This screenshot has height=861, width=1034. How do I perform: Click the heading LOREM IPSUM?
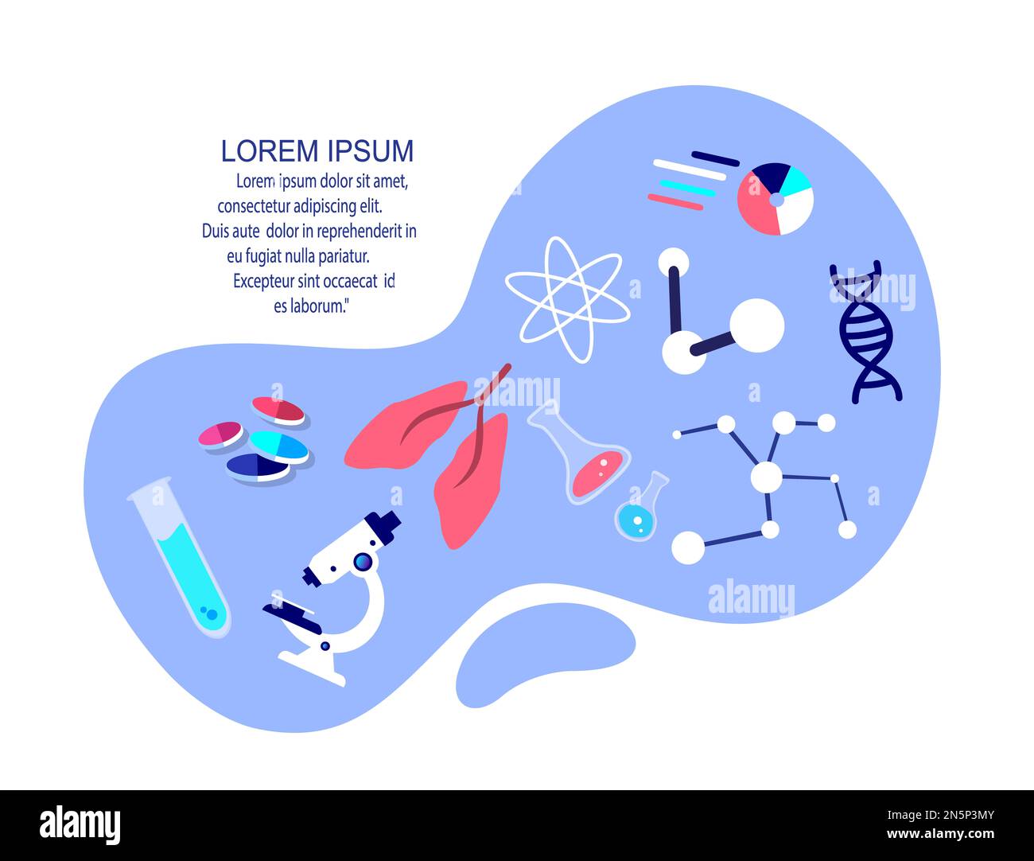(x=317, y=150)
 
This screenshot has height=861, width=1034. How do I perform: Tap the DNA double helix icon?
(x=865, y=332)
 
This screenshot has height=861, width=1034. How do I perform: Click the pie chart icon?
(x=775, y=199)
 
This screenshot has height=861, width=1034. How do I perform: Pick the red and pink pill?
(x=278, y=410)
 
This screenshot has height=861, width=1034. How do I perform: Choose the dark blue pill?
(x=257, y=466)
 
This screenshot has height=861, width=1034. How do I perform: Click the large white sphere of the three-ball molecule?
(x=756, y=325)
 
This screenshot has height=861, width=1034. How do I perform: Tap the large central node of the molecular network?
(x=766, y=477)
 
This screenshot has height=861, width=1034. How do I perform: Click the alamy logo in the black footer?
(x=80, y=825)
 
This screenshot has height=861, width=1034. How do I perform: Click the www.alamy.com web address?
(x=940, y=835)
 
